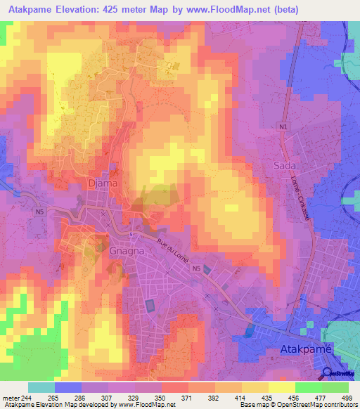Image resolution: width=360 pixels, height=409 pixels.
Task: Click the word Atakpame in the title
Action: pos(32,10)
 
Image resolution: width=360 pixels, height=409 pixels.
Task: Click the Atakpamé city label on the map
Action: pos(305,349)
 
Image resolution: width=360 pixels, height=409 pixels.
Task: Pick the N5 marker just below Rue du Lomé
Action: pos(197,268)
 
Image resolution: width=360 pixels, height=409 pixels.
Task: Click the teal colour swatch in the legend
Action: pos(41,387)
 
